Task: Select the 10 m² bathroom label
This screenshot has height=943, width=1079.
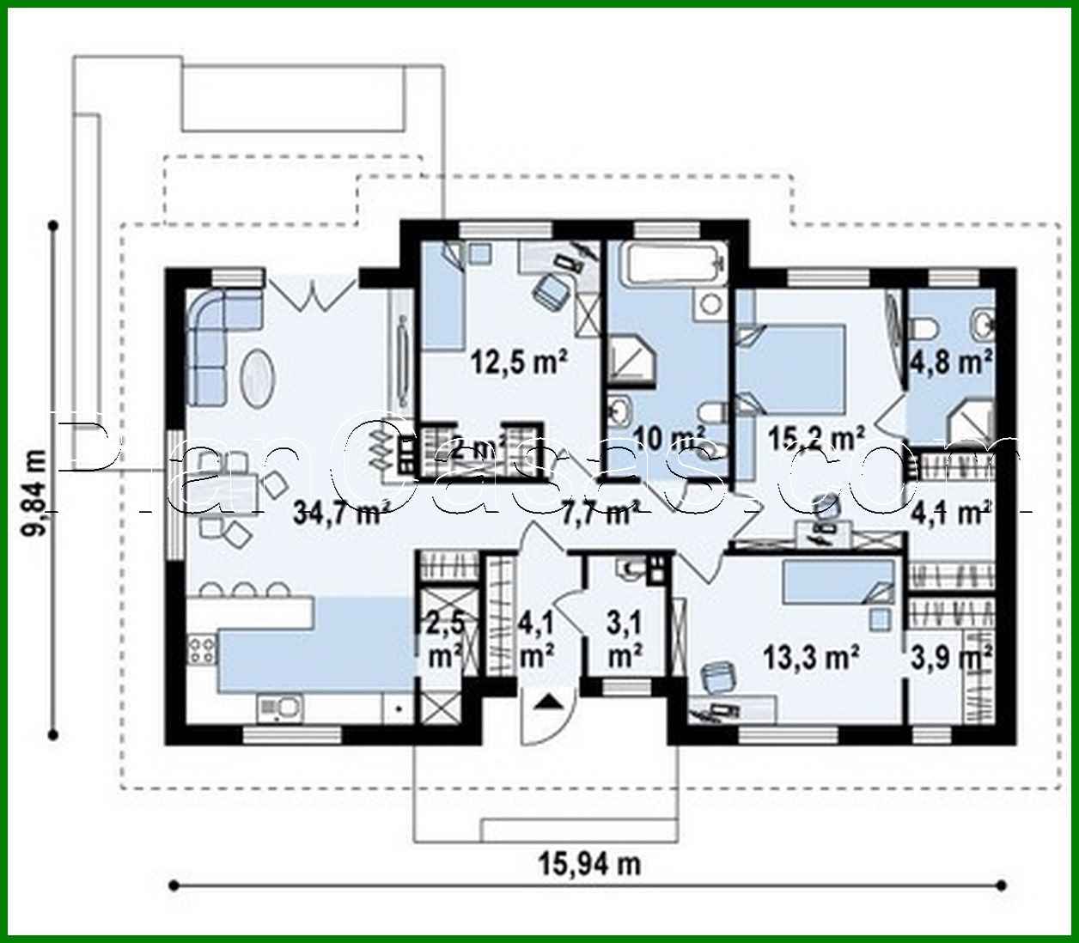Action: (x=671, y=439)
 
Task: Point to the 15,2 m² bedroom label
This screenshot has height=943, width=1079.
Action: (x=815, y=438)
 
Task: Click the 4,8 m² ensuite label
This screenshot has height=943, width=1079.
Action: (x=951, y=362)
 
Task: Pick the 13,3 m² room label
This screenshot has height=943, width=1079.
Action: (x=812, y=658)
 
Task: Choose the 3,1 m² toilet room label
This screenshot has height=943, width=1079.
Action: (x=625, y=640)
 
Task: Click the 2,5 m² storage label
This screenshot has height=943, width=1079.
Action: (x=446, y=640)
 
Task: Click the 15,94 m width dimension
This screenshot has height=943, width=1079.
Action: (x=590, y=863)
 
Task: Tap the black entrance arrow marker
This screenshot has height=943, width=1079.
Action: (x=548, y=704)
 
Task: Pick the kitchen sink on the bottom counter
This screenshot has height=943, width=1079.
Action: (x=280, y=708)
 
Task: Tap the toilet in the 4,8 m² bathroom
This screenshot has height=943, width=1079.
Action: (x=926, y=327)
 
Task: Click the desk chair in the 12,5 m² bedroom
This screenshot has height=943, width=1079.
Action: (x=551, y=289)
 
